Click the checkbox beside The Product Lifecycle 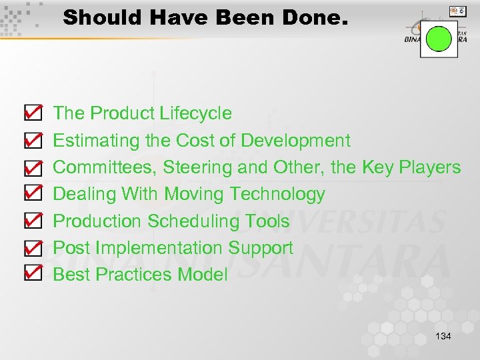pyautogui.click(x=33, y=113)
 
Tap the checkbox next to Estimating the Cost pyautogui.click(x=33, y=140)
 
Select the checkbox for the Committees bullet pyautogui.click(x=33, y=167)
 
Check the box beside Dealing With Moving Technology pyautogui.click(x=33, y=193)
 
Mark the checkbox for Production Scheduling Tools pyautogui.click(x=33, y=220)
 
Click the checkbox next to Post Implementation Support pyautogui.click(x=33, y=247)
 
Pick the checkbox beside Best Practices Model pyautogui.click(x=33, y=273)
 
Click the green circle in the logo pyautogui.click(x=439, y=39)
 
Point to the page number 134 pyautogui.click(x=443, y=336)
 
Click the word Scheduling pyautogui.click(x=194, y=221)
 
